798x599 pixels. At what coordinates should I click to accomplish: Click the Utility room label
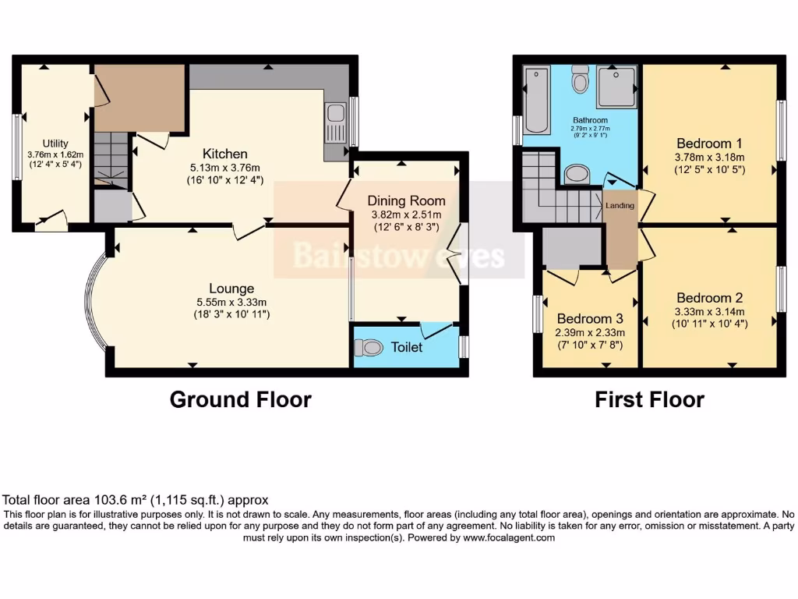[x=55, y=144]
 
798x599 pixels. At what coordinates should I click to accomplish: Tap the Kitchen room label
[x=225, y=154]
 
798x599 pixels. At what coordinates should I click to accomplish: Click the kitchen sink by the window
[x=337, y=125]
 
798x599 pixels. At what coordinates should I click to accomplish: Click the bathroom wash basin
[x=577, y=174]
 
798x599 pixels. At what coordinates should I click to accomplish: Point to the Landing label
[x=621, y=206]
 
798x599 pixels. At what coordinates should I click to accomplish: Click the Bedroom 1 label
[x=709, y=144]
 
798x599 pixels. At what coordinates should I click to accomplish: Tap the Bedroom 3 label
[x=590, y=318]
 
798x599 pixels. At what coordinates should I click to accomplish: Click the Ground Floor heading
[x=240, y=400]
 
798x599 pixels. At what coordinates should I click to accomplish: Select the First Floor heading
[x=649, y=400]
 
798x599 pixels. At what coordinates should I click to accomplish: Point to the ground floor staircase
[x=110, y=160]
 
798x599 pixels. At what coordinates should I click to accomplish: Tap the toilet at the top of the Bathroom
[x=580, y=80]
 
